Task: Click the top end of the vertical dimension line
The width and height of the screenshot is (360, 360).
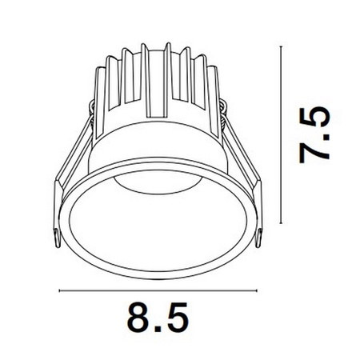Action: pyautogui.click(x=280, y=46)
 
